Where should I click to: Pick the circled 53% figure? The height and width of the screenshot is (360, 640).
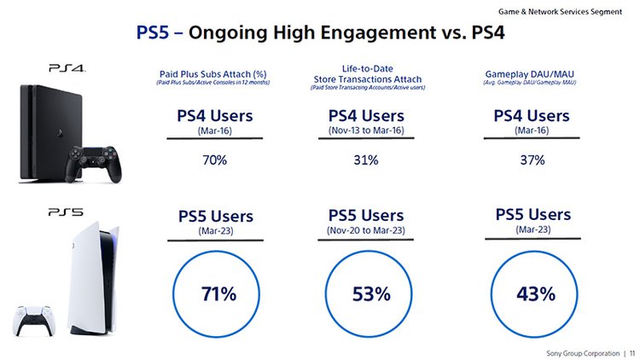coord(370,293)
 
